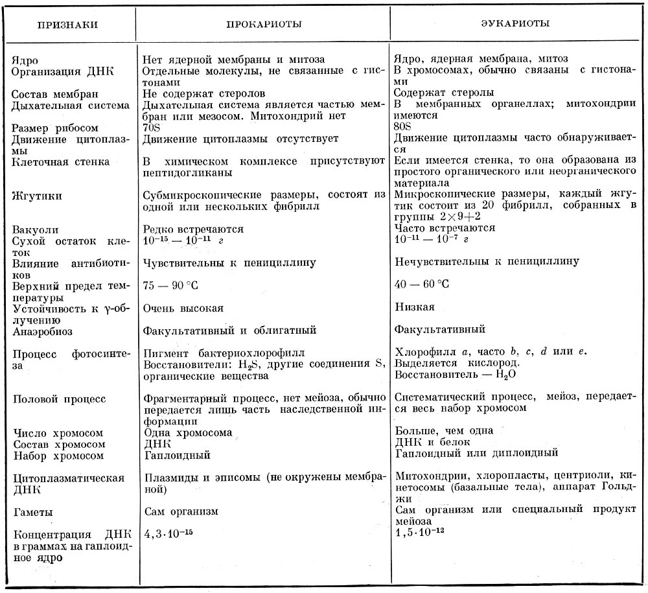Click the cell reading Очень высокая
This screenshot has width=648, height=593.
[183, 308]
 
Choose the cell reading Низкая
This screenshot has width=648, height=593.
[414, 307]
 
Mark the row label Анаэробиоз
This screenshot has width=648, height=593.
[42, 331]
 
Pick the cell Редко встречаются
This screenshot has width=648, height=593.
[193, 229]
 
